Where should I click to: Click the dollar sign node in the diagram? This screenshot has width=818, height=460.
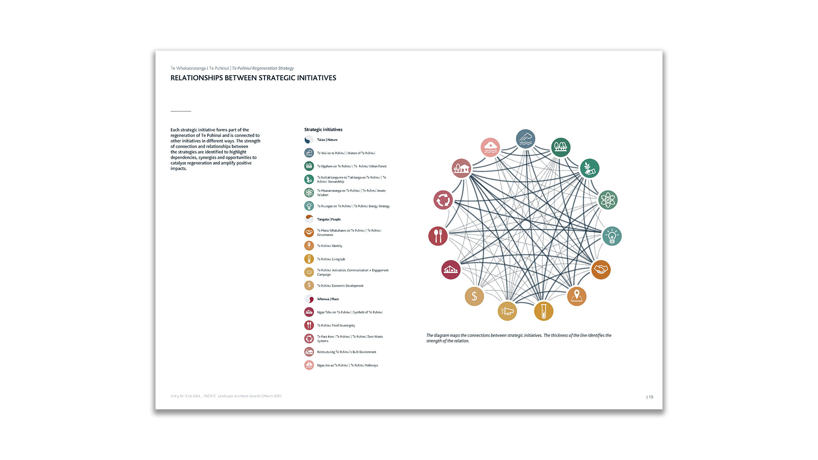(474, 296)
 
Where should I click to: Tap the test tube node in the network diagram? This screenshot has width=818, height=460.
(544, 311)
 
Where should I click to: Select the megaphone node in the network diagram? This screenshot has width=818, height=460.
(507, 311)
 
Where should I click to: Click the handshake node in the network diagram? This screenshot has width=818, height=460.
(601, 270)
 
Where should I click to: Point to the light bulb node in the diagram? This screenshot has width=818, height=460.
(612, 236)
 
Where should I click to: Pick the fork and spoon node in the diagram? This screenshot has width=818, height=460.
(438, 236)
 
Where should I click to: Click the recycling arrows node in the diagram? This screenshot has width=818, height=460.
(443, 200)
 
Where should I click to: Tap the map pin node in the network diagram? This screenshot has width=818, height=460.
(576, 296)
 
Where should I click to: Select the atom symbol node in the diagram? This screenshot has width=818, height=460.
(608, 200)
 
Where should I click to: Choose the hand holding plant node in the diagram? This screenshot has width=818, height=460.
(590, 168)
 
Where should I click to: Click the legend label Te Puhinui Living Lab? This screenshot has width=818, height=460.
(331, 259)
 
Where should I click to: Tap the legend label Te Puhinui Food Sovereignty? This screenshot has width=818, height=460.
(336, 325)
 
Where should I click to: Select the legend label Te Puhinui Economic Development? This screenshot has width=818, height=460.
(340, 286)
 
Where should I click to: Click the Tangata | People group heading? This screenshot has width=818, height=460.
(328, 219)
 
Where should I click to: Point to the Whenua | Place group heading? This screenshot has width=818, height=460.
(328, 299)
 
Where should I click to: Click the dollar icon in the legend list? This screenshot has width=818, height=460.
(309, 285)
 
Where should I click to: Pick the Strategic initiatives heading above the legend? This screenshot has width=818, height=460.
(323, 129)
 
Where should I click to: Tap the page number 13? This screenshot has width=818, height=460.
(651, 397)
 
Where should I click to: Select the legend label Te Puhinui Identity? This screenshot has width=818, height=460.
(329, 246)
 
